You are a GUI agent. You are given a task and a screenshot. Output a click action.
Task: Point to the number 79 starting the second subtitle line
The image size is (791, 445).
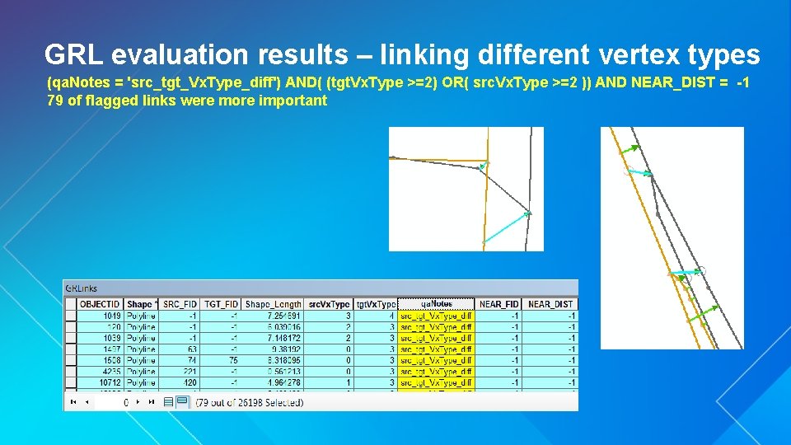pyautogui.click(x=56, y=101)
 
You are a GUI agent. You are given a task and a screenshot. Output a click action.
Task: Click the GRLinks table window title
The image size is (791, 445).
pyautogui.click(x=81, y=288)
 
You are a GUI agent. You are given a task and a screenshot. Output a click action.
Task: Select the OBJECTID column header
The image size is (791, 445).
pyautogui.click(x=100, y=304)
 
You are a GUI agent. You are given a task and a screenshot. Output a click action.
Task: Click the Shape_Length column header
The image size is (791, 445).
pyautogui.click(x=274, y=304)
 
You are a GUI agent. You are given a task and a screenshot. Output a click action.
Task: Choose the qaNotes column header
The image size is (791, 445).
pyautogui.click(x=436, y=304)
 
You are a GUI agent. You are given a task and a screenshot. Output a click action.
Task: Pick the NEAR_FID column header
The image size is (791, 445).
pyautogui.click(x=498, y=304)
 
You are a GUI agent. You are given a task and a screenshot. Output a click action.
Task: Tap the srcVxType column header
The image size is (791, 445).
pyautogui.click(x=329, y=304)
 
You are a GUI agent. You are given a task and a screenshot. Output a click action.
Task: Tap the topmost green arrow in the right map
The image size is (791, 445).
pyautogui.click(x=628, y=149)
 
